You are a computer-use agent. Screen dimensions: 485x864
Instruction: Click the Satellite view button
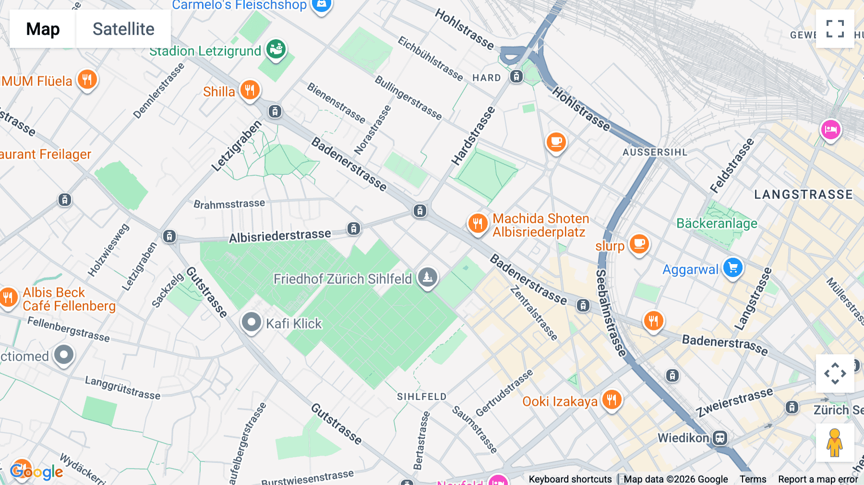123,29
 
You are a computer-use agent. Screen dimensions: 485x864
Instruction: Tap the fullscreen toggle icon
835,29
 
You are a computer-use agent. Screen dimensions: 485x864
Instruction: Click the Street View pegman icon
835,442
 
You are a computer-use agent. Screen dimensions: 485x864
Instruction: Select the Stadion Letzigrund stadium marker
276,49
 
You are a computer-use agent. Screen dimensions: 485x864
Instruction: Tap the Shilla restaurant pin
250,89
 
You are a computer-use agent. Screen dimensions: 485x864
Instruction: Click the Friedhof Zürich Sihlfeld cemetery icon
427,277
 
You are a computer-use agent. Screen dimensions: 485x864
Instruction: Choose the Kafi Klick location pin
251,322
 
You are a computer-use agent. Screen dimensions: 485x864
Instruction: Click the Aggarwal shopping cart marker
732,267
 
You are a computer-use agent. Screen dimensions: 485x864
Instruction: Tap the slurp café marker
639,244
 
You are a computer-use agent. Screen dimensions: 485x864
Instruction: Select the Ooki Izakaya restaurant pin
612,399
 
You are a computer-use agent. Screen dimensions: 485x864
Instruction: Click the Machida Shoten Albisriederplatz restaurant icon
478,223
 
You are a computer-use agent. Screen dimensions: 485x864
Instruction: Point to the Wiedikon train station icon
720,437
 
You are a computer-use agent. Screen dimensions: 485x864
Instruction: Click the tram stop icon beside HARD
516,76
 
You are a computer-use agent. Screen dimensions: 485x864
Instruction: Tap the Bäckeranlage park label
717,223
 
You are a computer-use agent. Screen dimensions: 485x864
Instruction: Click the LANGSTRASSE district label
803,194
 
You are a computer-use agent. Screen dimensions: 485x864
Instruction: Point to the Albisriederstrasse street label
280,236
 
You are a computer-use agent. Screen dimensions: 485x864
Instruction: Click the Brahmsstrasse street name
229,204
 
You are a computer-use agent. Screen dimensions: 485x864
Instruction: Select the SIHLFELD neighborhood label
421,397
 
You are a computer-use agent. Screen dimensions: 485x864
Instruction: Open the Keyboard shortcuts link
570,479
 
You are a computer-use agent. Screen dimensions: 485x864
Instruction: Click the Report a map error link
817,479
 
